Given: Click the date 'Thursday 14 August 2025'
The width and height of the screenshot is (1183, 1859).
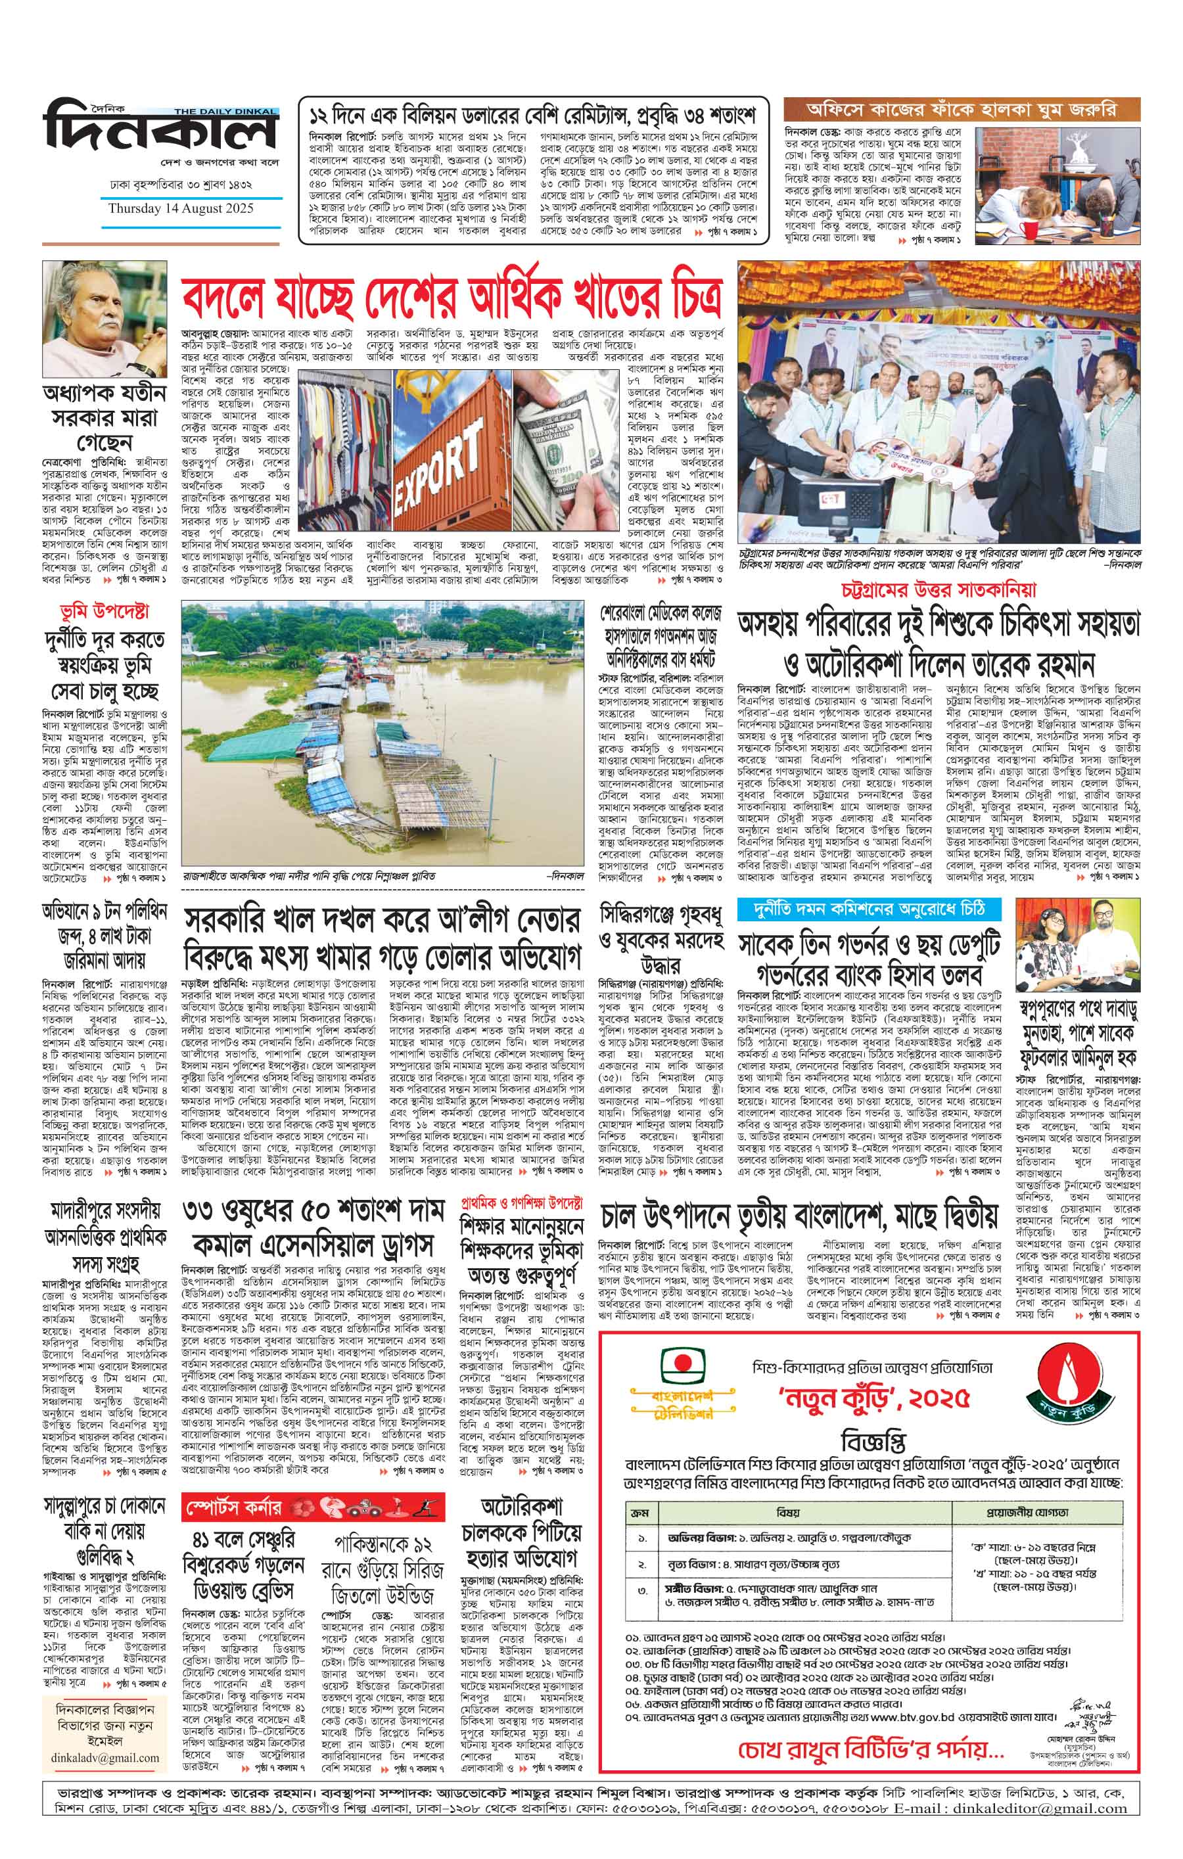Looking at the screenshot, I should [181, 208].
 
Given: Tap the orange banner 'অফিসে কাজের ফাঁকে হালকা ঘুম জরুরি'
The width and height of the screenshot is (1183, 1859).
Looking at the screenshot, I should [950, 110].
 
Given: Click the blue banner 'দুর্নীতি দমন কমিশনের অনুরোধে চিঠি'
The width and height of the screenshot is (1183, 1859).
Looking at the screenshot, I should [869, 909].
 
